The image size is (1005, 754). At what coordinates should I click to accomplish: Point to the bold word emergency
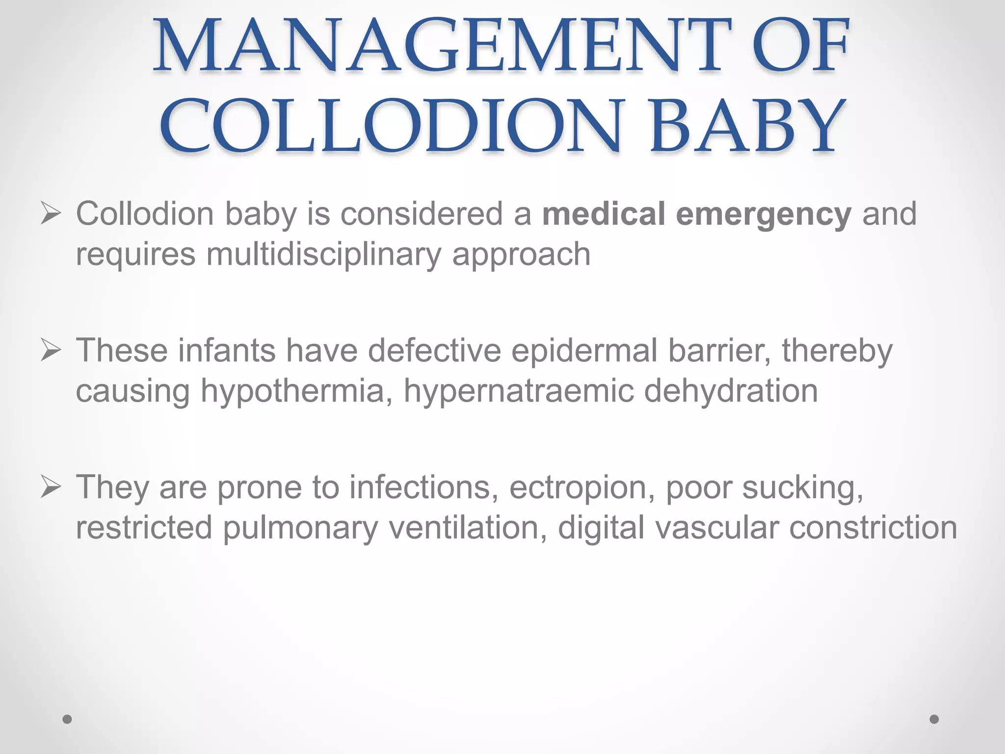(x=763, y=215)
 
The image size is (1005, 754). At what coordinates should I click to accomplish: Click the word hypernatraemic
(x=518, y=392)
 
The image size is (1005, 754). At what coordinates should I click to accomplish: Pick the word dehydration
(x=731, y=391)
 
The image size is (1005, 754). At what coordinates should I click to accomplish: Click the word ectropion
(x=582, y=488)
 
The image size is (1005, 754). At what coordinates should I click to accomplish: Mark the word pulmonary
(x=300, y=528)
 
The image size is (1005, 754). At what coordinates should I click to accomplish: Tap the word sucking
(x=802, y=488)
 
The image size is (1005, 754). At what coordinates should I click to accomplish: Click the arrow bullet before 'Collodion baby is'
(x=51, y=215)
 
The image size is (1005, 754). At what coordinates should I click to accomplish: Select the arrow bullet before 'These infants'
(x=51, y=351)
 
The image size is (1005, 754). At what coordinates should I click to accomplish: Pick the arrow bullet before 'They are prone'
(x=51, y=487)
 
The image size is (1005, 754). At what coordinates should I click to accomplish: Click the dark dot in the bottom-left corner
(x=67, y=719)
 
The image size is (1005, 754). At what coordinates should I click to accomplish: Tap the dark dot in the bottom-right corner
(x=934, y=719)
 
